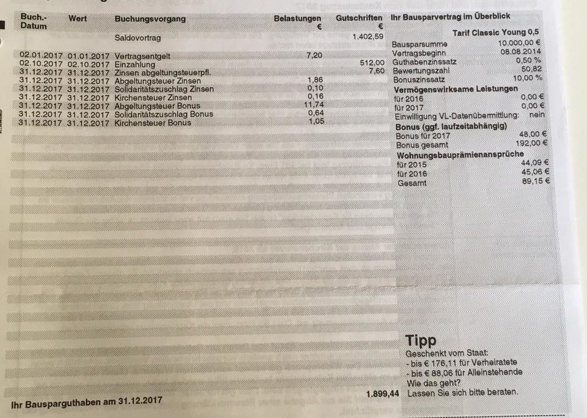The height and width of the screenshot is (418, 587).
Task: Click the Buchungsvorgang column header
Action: (150, 19)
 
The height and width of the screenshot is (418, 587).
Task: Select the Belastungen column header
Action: (297, 18)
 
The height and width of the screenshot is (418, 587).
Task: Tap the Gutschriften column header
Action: (359, 18)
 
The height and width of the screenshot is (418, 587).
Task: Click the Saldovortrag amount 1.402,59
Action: (369, 37)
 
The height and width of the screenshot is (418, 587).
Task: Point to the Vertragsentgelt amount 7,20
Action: (315, 55)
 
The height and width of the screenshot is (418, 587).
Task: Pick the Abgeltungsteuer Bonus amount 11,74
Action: (314, 105)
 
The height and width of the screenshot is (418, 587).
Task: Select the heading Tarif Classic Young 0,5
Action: (496, 32)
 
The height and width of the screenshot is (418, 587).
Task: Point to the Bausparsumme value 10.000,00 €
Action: (520, 44)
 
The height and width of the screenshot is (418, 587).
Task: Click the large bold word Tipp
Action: (420, 341)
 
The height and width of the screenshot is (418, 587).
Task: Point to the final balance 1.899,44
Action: (382, 394)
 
